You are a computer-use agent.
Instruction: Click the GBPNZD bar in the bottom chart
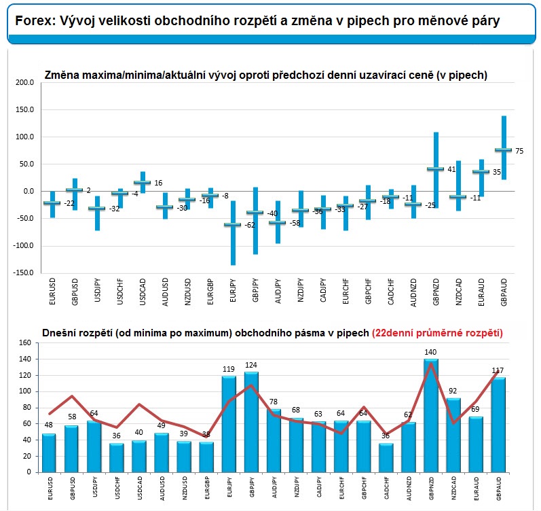(x=430, y=416)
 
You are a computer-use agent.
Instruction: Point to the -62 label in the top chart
(x=249, y=225)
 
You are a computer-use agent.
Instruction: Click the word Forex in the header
(x=33, y=21)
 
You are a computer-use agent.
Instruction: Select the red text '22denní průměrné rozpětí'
(x=437, y=333)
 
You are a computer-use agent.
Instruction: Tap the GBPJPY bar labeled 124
(x=250, y=422)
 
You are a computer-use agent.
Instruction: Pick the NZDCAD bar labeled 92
(x=453, y=435)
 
